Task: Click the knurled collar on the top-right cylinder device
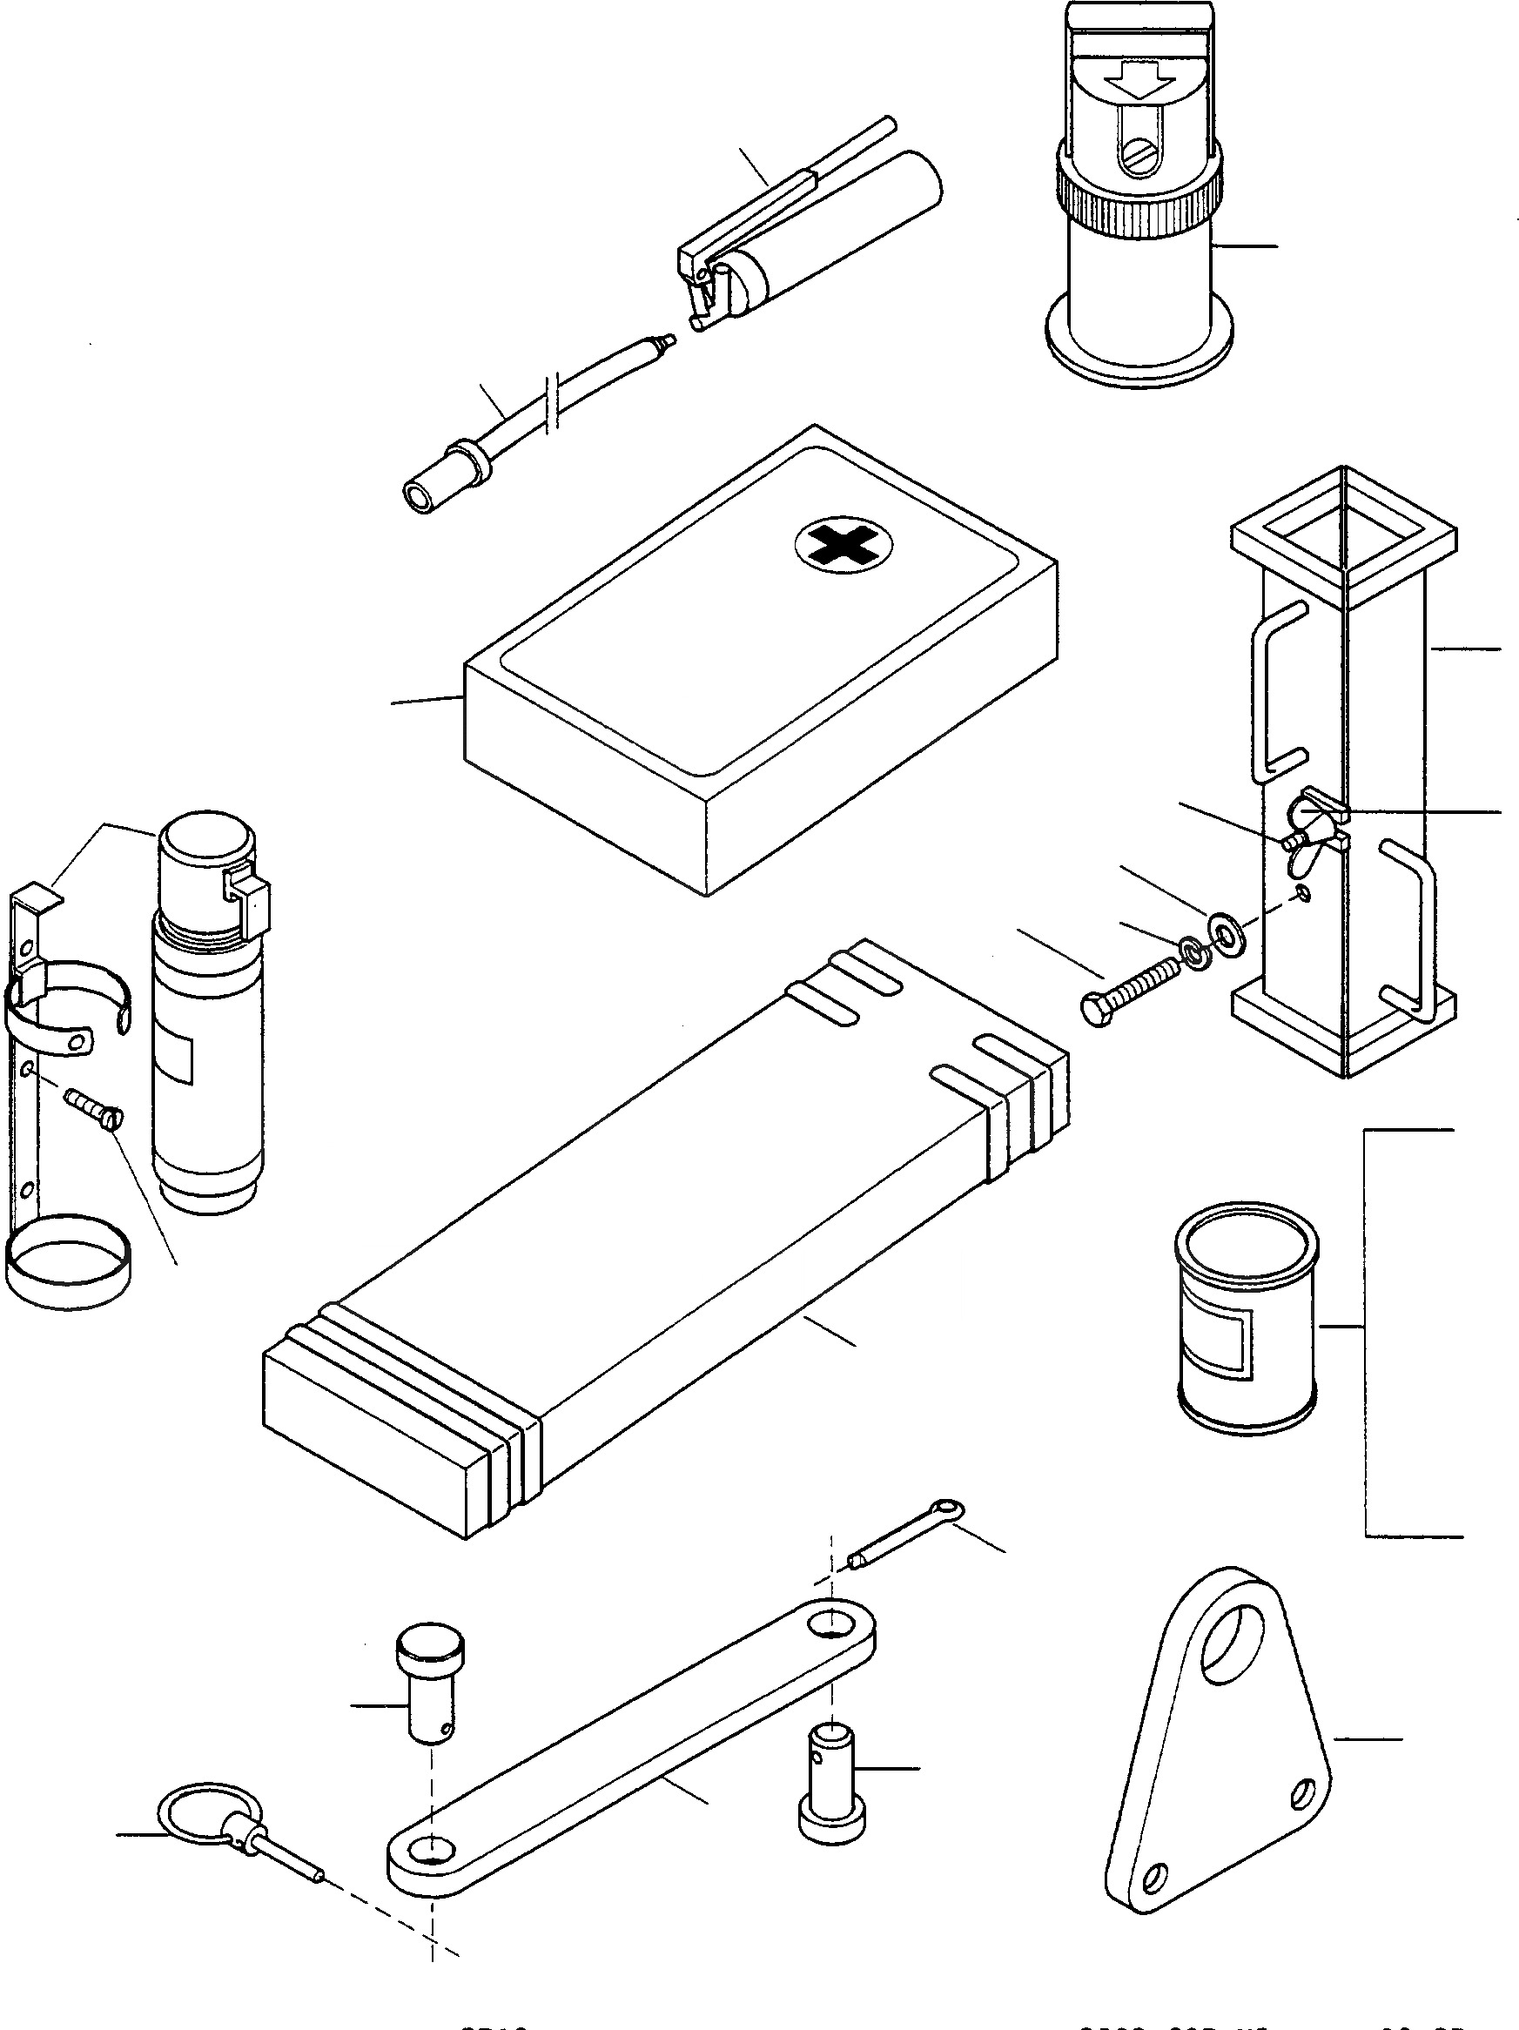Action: tap(1138, 191)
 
